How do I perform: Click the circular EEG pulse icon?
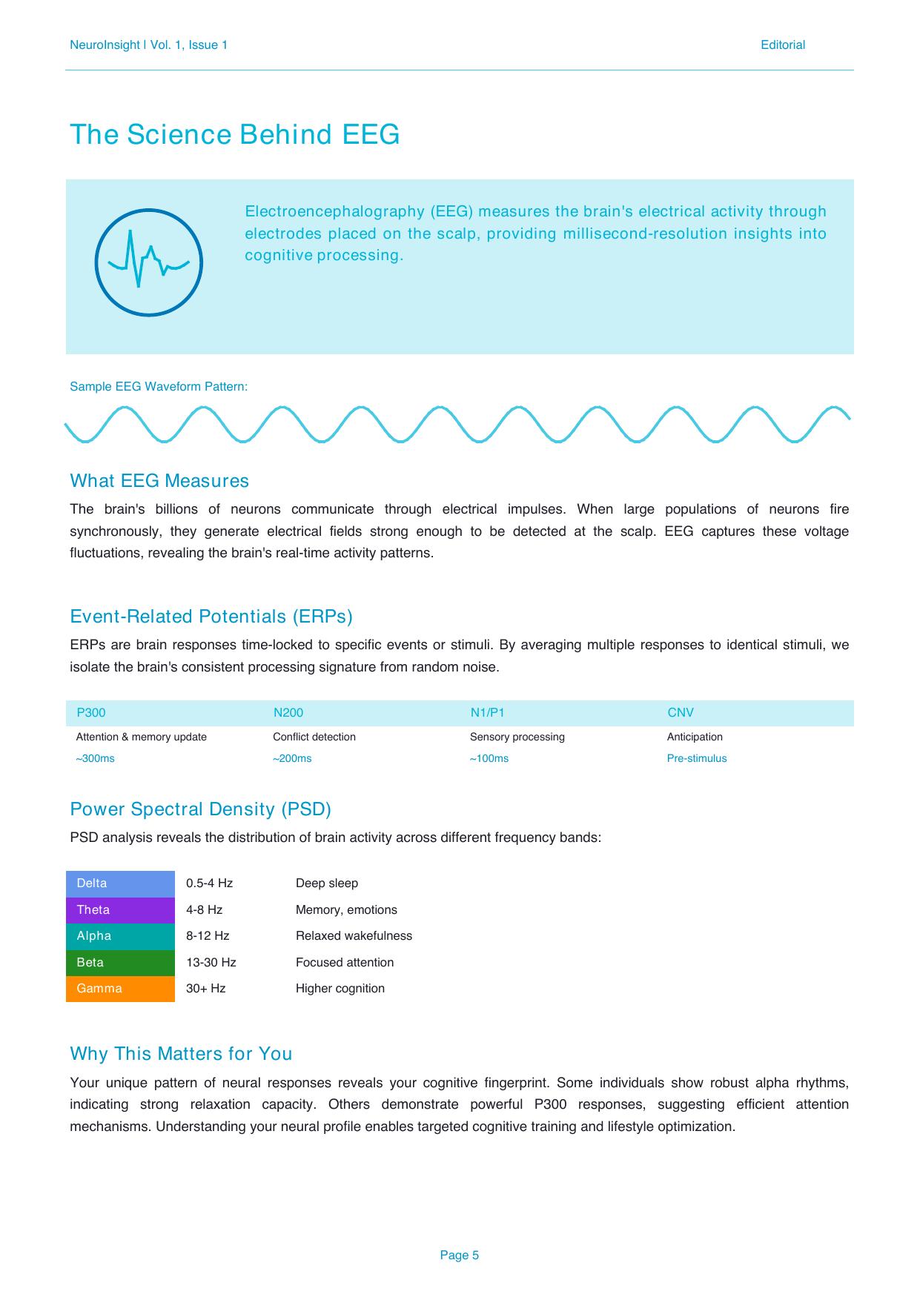click(x=148, y=262)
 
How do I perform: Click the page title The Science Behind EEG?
click(x=234, y=135)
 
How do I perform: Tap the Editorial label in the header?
click(x=782, y=45)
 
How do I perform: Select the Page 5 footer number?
click(x=459, y=1255)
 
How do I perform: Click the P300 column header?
click(x=91, y=713)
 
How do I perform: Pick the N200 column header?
click(x=288, y=713)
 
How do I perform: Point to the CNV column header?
click(x=681, y=713)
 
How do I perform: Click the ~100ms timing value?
click(x=489, y=758)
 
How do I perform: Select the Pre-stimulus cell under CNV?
click(x=697, y=758)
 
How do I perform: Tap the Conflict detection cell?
click(x=314, y=737)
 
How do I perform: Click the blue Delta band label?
click(x=120, y=883)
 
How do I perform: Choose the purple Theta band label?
click(x=120, y=910)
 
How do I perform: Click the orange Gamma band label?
click(x=120, y=989)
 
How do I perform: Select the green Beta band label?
click(x=120, y=963)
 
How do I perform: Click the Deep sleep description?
click(x=327, y=883)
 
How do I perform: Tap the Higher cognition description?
click(x=340, y=989)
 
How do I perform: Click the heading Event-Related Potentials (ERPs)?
click(x=211, y=617)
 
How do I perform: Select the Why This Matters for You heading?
click(x=181, y=1054)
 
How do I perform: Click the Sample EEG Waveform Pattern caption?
click(x=159, y=387)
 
